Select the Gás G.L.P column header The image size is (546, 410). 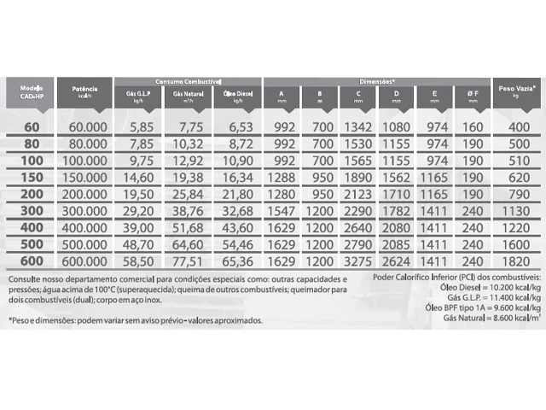click(x=141, y=94)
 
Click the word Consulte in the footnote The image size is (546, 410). click(x=26, y=279)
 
